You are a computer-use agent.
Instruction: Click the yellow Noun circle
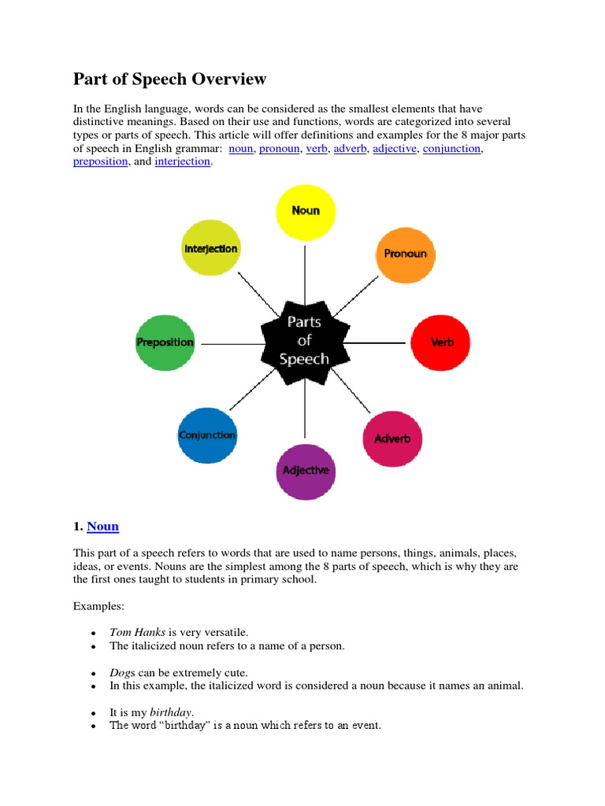click(305, 211)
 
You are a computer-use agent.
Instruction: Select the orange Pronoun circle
click(405, 254)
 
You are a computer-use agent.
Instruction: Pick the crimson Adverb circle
click(392, 438)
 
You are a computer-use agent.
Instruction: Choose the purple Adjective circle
click(305, 471)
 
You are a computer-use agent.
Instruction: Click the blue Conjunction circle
click(207, 435)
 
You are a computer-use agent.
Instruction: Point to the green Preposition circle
click(165, 342)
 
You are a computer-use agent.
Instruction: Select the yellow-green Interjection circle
click(210, 249)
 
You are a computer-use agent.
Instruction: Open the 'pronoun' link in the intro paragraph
click(279, 148)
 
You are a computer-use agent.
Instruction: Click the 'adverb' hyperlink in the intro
click(351, 148)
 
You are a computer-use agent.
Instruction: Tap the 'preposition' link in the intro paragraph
click(101, 161)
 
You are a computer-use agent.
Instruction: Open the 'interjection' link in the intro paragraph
click(183, 161)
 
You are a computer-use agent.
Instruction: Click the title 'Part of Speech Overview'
click(170, 79)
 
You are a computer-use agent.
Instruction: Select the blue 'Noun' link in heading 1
click(103, 527)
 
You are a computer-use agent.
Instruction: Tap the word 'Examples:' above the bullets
click(99, 606)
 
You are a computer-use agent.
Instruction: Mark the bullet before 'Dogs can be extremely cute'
click(94, 674)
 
